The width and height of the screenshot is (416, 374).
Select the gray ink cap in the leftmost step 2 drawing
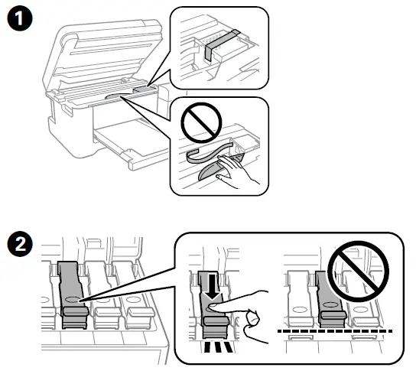[70, 294]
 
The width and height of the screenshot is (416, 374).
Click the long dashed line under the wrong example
[336, 331]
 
